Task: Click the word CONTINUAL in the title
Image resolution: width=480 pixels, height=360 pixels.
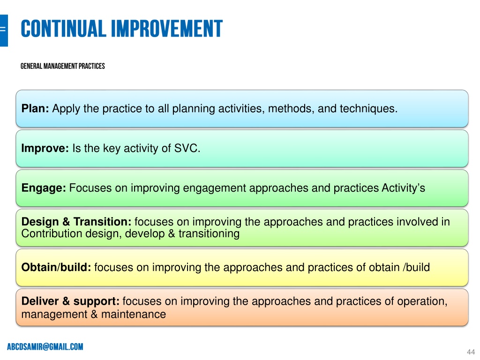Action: tap(63, 29)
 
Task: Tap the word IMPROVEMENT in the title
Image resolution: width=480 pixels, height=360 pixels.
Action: tap(167, 29)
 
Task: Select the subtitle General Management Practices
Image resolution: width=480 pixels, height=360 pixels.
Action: tap(63, 66)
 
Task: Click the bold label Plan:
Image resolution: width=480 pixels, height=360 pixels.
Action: tap(35, 108)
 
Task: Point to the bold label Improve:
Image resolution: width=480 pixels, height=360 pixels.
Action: tap(45, 149)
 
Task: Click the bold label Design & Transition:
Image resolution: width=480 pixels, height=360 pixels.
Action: tap(76, 221)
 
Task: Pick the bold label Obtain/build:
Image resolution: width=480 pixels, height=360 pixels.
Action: tap(56, 267)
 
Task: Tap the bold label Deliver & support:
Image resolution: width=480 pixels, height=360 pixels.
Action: tap(70, 301)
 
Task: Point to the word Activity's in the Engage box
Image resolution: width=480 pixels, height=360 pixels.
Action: tap(404, 188)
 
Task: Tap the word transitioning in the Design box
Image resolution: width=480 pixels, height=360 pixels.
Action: tap(209, 234)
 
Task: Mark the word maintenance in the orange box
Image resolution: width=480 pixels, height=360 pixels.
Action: tap(134, 315)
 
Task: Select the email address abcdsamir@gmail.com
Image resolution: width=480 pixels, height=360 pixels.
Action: tap(45, 346)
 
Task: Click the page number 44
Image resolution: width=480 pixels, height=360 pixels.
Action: tap(471, 352)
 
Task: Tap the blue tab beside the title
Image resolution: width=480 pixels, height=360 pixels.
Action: tap(4, 30)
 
